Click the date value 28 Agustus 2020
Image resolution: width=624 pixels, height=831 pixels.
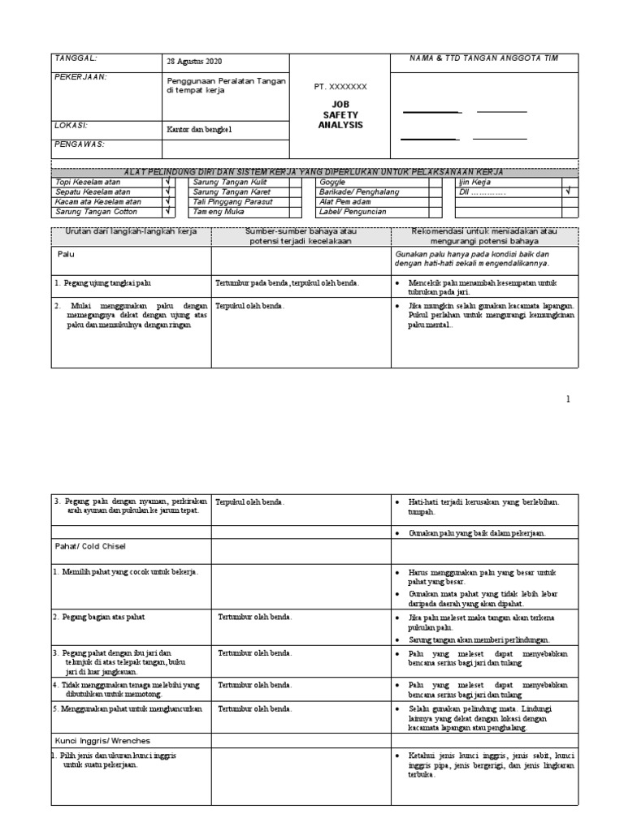click(x=193, y=62)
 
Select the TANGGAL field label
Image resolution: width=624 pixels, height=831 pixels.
click(x=75, y=58)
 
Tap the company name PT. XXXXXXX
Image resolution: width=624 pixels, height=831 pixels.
click(x=340, y=86)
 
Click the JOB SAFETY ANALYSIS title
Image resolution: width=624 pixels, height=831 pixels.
click(x=340, y=114)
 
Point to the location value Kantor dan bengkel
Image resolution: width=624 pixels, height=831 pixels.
click(x=199, y=129)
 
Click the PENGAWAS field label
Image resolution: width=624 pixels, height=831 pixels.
click(x=79, y=144)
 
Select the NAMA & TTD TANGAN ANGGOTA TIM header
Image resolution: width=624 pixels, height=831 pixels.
click(x=483, y=58)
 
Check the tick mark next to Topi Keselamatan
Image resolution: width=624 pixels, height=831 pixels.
click(x=168, y=182)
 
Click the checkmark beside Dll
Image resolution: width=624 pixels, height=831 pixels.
click(x=568, y=192)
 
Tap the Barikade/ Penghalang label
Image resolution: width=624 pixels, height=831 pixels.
click(x=358, y=192)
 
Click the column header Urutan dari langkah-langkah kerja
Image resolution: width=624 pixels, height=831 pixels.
click(x=131, y=231)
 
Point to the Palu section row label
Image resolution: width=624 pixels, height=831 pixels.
click(x=67, y=254)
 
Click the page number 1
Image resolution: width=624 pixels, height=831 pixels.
click(x=568, y=399)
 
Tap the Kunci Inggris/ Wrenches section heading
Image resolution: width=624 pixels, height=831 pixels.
click(x=103, y=741)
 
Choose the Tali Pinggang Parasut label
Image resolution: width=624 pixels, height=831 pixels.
click(x=232, y=201)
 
